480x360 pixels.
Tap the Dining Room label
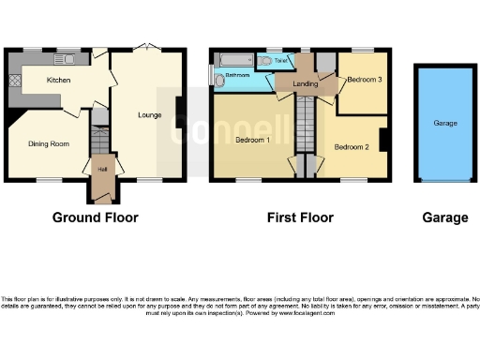pyautogui.click(x=49, y=143)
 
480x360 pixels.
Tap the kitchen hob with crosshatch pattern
pyautogui.click(x=15, y=82)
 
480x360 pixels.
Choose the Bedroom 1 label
pyautogui.click(x=252, y=140)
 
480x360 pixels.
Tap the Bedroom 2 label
pyautogui.click(x=351, y=146)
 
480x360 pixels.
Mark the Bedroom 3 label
pyautogui.click(x=363, y=81)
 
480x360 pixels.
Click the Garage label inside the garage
pyautogui.click(x=445, y=122)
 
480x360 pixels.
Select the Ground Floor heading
pyautogui.click(x=95, y=217)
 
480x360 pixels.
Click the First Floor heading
pyautogui.click(x=300, y=217)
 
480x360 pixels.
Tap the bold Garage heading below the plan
pyautogui.click(x=444, y=217)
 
